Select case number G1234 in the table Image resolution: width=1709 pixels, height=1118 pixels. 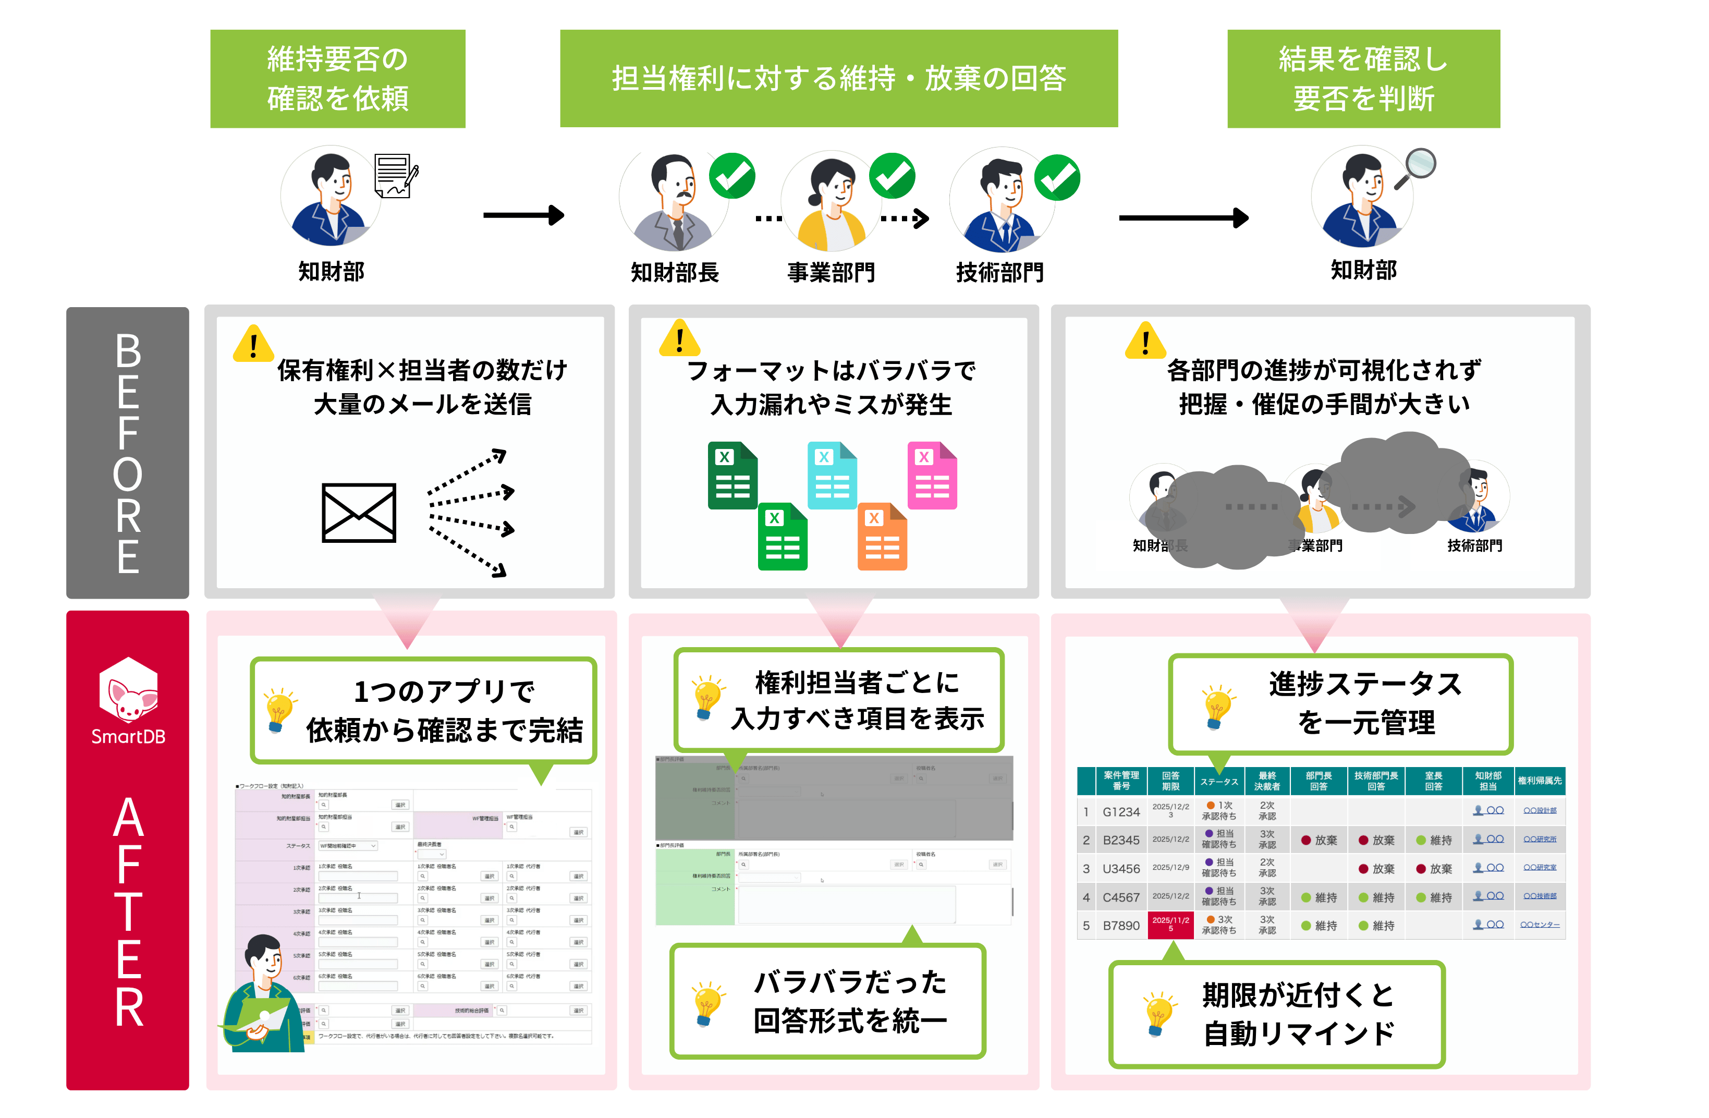click(1121, 811)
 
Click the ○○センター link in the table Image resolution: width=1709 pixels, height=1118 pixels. click(1540, 925)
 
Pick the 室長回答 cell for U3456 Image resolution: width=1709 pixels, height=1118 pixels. click(1433, 868)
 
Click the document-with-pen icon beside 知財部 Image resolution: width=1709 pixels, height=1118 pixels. click(396, 175)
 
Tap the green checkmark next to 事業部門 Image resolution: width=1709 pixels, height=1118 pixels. click(892, 175)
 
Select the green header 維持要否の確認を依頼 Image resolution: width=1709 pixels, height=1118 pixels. click(337, 79)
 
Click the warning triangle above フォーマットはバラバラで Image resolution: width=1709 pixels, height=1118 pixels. click(679, 338)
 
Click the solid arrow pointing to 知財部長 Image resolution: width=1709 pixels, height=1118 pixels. click(523, 215)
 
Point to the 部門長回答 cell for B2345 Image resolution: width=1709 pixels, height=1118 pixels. click(1319, 840)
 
